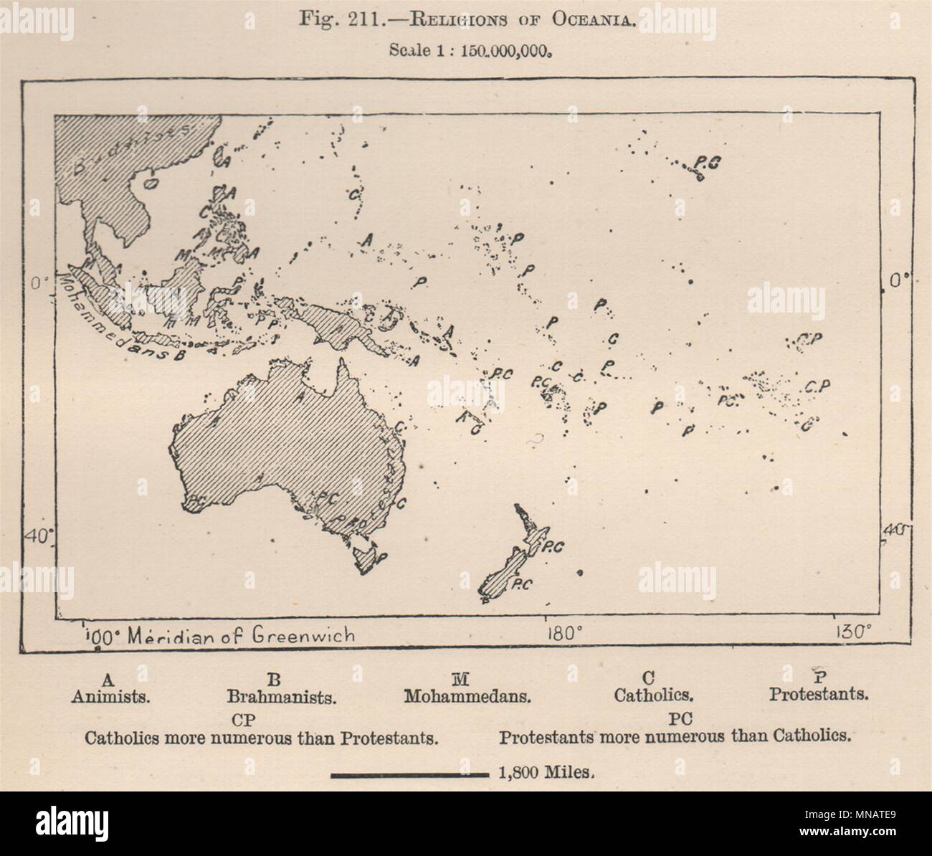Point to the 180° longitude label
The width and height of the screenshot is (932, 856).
coord(565,634)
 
